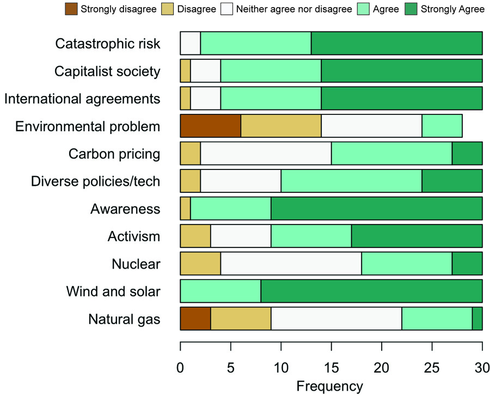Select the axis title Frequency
click(x=330, y=386)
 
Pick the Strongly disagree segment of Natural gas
click(x=195, y=319)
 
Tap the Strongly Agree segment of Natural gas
click(x=477, y=319)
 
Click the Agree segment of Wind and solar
click(x=220, y=291)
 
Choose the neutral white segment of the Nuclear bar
click(x=291, y=264)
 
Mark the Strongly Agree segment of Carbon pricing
click(x=467, y=154)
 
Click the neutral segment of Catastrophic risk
click(x=190, y=43)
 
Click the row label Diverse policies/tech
click(x=95, y=181)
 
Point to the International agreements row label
click(x=82, y=99)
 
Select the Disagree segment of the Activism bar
click(x=195, y=236)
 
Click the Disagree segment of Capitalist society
click(x=185, y=71)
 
